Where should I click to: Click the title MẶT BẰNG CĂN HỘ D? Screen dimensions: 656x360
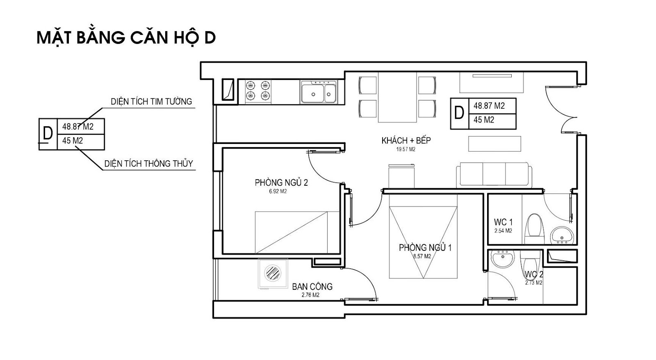click(126, 38)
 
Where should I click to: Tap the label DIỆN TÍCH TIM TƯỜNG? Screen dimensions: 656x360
click(151, 102)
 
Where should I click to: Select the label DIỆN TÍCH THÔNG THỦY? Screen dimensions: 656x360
click(149, 164)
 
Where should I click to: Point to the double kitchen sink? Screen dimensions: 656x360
click(319, 92)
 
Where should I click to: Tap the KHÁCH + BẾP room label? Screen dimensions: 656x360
click(406, 141)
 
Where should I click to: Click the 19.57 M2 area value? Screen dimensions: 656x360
click(406, 149)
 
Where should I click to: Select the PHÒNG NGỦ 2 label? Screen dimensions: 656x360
click(281, 183)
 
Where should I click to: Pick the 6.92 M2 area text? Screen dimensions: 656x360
click(278, 191)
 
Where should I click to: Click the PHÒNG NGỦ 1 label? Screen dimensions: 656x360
click(425, 248)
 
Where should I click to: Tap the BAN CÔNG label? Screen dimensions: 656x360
click(312, 287)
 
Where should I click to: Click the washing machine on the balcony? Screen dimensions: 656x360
click(273, 273)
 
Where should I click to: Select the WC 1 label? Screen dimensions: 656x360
click(503, 222)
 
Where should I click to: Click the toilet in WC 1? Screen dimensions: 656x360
click(535, 229)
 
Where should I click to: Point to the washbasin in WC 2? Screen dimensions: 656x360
click(503, 258)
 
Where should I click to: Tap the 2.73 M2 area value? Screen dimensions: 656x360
click(533, 283)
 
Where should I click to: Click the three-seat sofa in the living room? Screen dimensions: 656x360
click(494, 175)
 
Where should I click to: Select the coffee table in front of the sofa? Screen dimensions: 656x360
click(494, 144)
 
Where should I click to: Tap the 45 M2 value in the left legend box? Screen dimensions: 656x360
click(72, 141)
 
